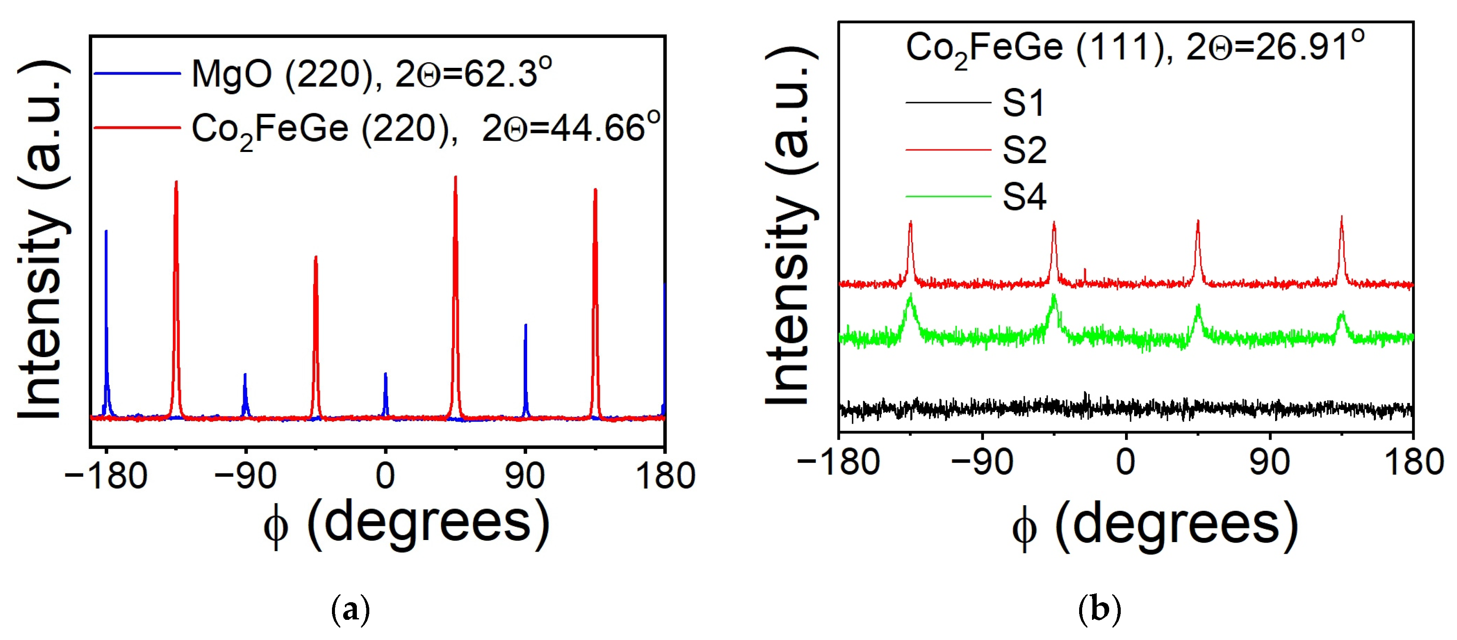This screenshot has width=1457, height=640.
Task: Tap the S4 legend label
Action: tap(1024, 197)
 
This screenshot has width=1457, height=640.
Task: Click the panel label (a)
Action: tap(351, 610)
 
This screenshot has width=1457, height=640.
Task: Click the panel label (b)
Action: tap(1099, 610)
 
